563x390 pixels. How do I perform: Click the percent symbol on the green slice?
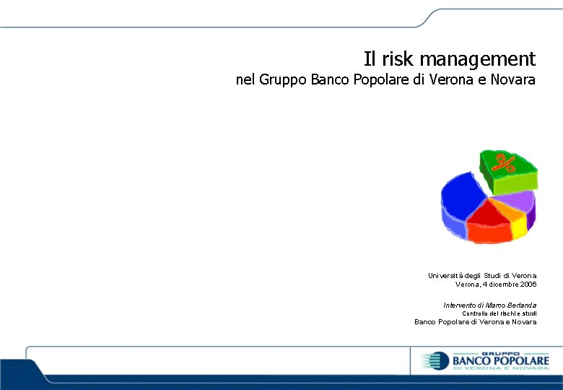tap(503, 163)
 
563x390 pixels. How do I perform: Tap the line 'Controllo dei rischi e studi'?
tap(499, 313)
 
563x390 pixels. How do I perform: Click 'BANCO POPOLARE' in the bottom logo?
tap(500, 360)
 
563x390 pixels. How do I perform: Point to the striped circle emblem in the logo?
tap(435, 360)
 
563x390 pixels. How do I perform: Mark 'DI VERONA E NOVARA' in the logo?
tap(500, 369)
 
